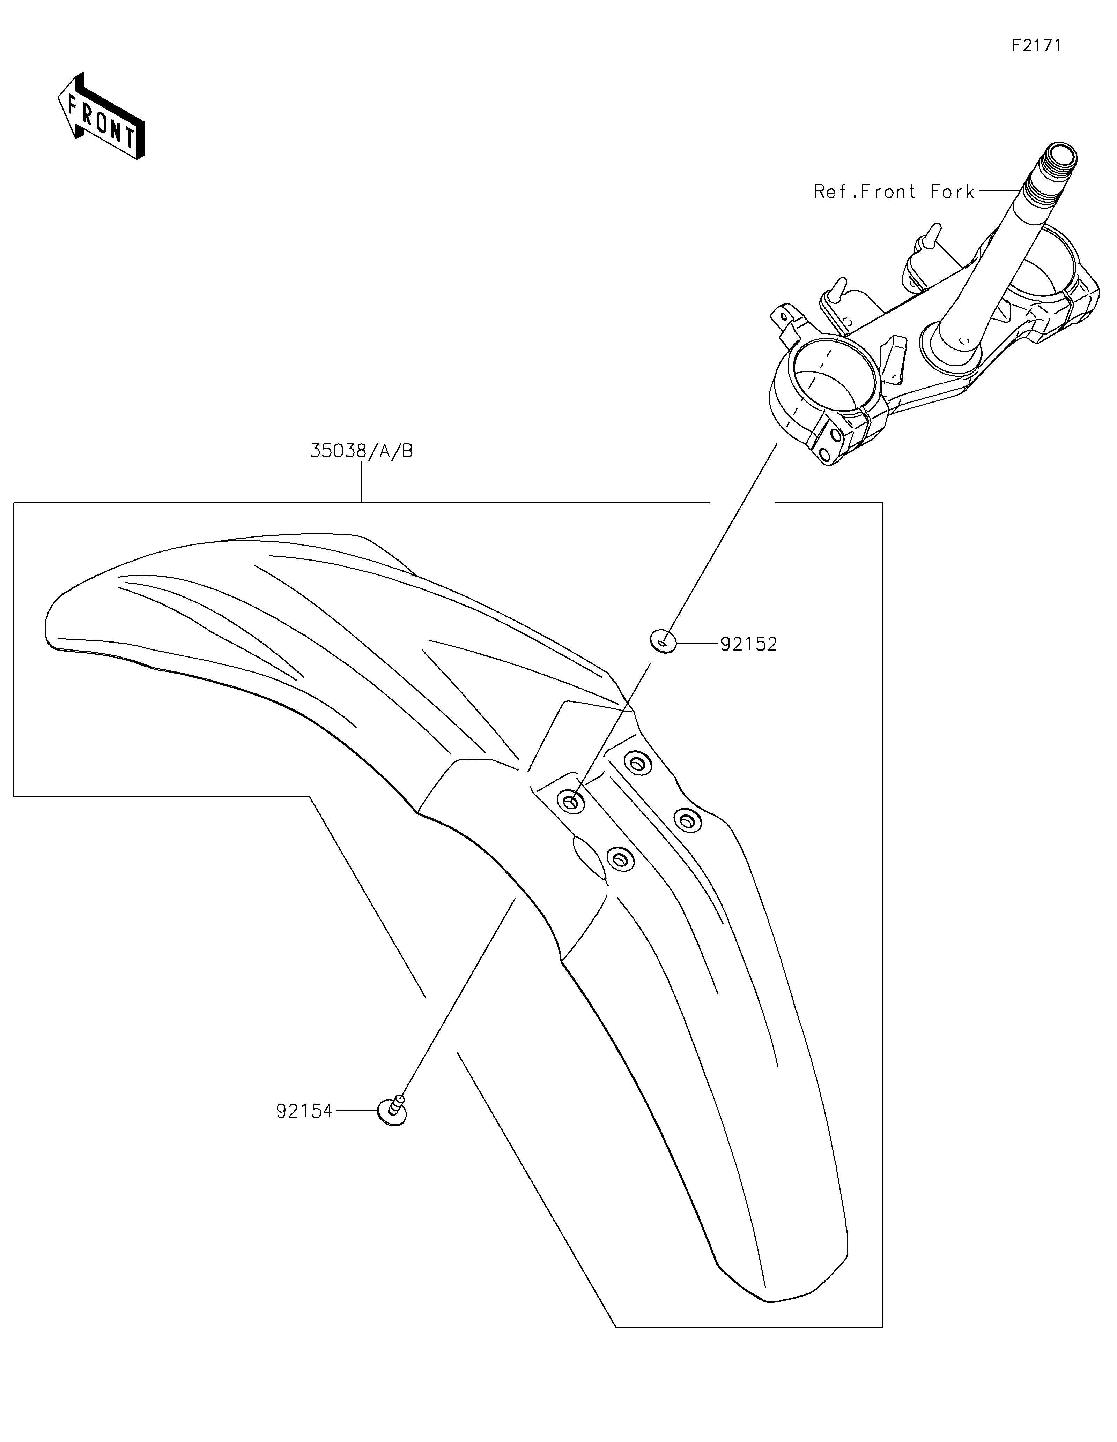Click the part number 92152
(x=748, y=644)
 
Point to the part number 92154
(x=304, y=1111)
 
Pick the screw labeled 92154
(x=392, y=1111)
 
